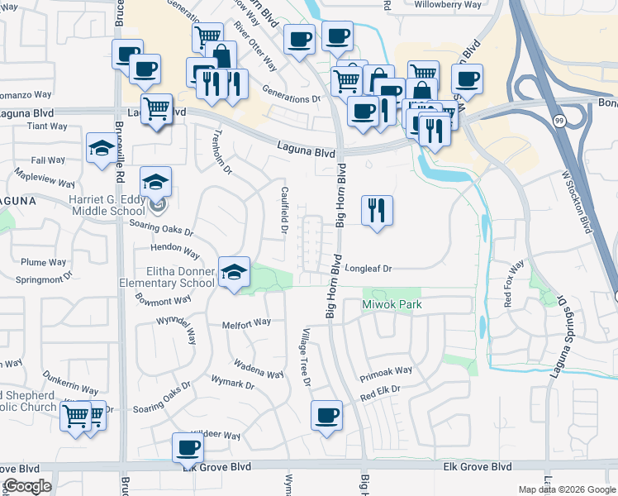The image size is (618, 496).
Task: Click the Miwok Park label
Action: (x=392, y=305)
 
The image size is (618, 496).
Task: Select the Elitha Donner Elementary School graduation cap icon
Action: (x=235, y=272)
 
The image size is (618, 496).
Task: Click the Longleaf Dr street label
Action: (x=368, y=269)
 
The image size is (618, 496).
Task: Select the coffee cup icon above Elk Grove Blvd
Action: (x=188, y=448)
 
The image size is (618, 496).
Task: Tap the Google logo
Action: (x=27, y=486)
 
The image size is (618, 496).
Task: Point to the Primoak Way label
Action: (x=385, y=374)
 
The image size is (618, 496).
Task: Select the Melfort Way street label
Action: (x=247, y=323)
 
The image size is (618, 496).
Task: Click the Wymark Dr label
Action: (x=233, y=384)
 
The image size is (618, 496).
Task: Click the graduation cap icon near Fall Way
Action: (x=102, y=149)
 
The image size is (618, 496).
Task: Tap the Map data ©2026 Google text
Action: (x=566, y=489)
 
